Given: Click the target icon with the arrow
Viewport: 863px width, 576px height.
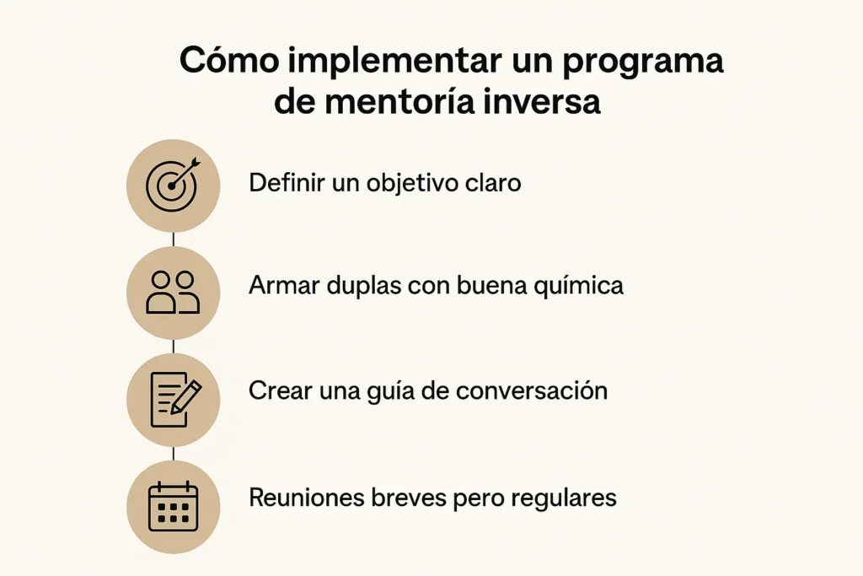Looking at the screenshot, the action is tap(173, 185).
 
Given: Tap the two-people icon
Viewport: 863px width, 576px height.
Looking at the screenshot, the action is tap(173, 293).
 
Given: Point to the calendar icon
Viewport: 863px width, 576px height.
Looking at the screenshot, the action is tap(174, 507).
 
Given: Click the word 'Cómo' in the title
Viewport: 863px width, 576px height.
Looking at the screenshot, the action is tap(229, 60).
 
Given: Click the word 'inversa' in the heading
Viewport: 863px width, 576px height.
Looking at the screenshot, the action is tap(542, 102).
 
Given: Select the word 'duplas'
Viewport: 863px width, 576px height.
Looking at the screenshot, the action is tap(364, 287).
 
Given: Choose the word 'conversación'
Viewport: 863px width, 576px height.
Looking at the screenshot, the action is tap(532, 390).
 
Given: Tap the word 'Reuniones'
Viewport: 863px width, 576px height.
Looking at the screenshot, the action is tap(305, 498).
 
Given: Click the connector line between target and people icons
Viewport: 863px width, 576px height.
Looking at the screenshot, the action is tap(174, 239).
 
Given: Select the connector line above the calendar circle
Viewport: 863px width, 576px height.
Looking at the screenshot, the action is tap(174, 454).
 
